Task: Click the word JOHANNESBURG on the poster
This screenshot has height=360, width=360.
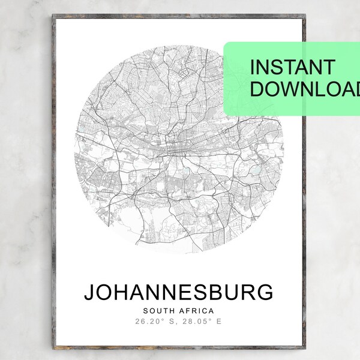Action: tap(178, 292)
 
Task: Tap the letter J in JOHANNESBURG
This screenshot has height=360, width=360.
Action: tap(89, 292)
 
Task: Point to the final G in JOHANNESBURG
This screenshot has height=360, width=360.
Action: tap(264, 292)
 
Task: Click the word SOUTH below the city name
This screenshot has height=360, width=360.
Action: tap(159, 311)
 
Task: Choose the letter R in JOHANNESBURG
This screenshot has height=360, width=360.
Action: tap(248, 292)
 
